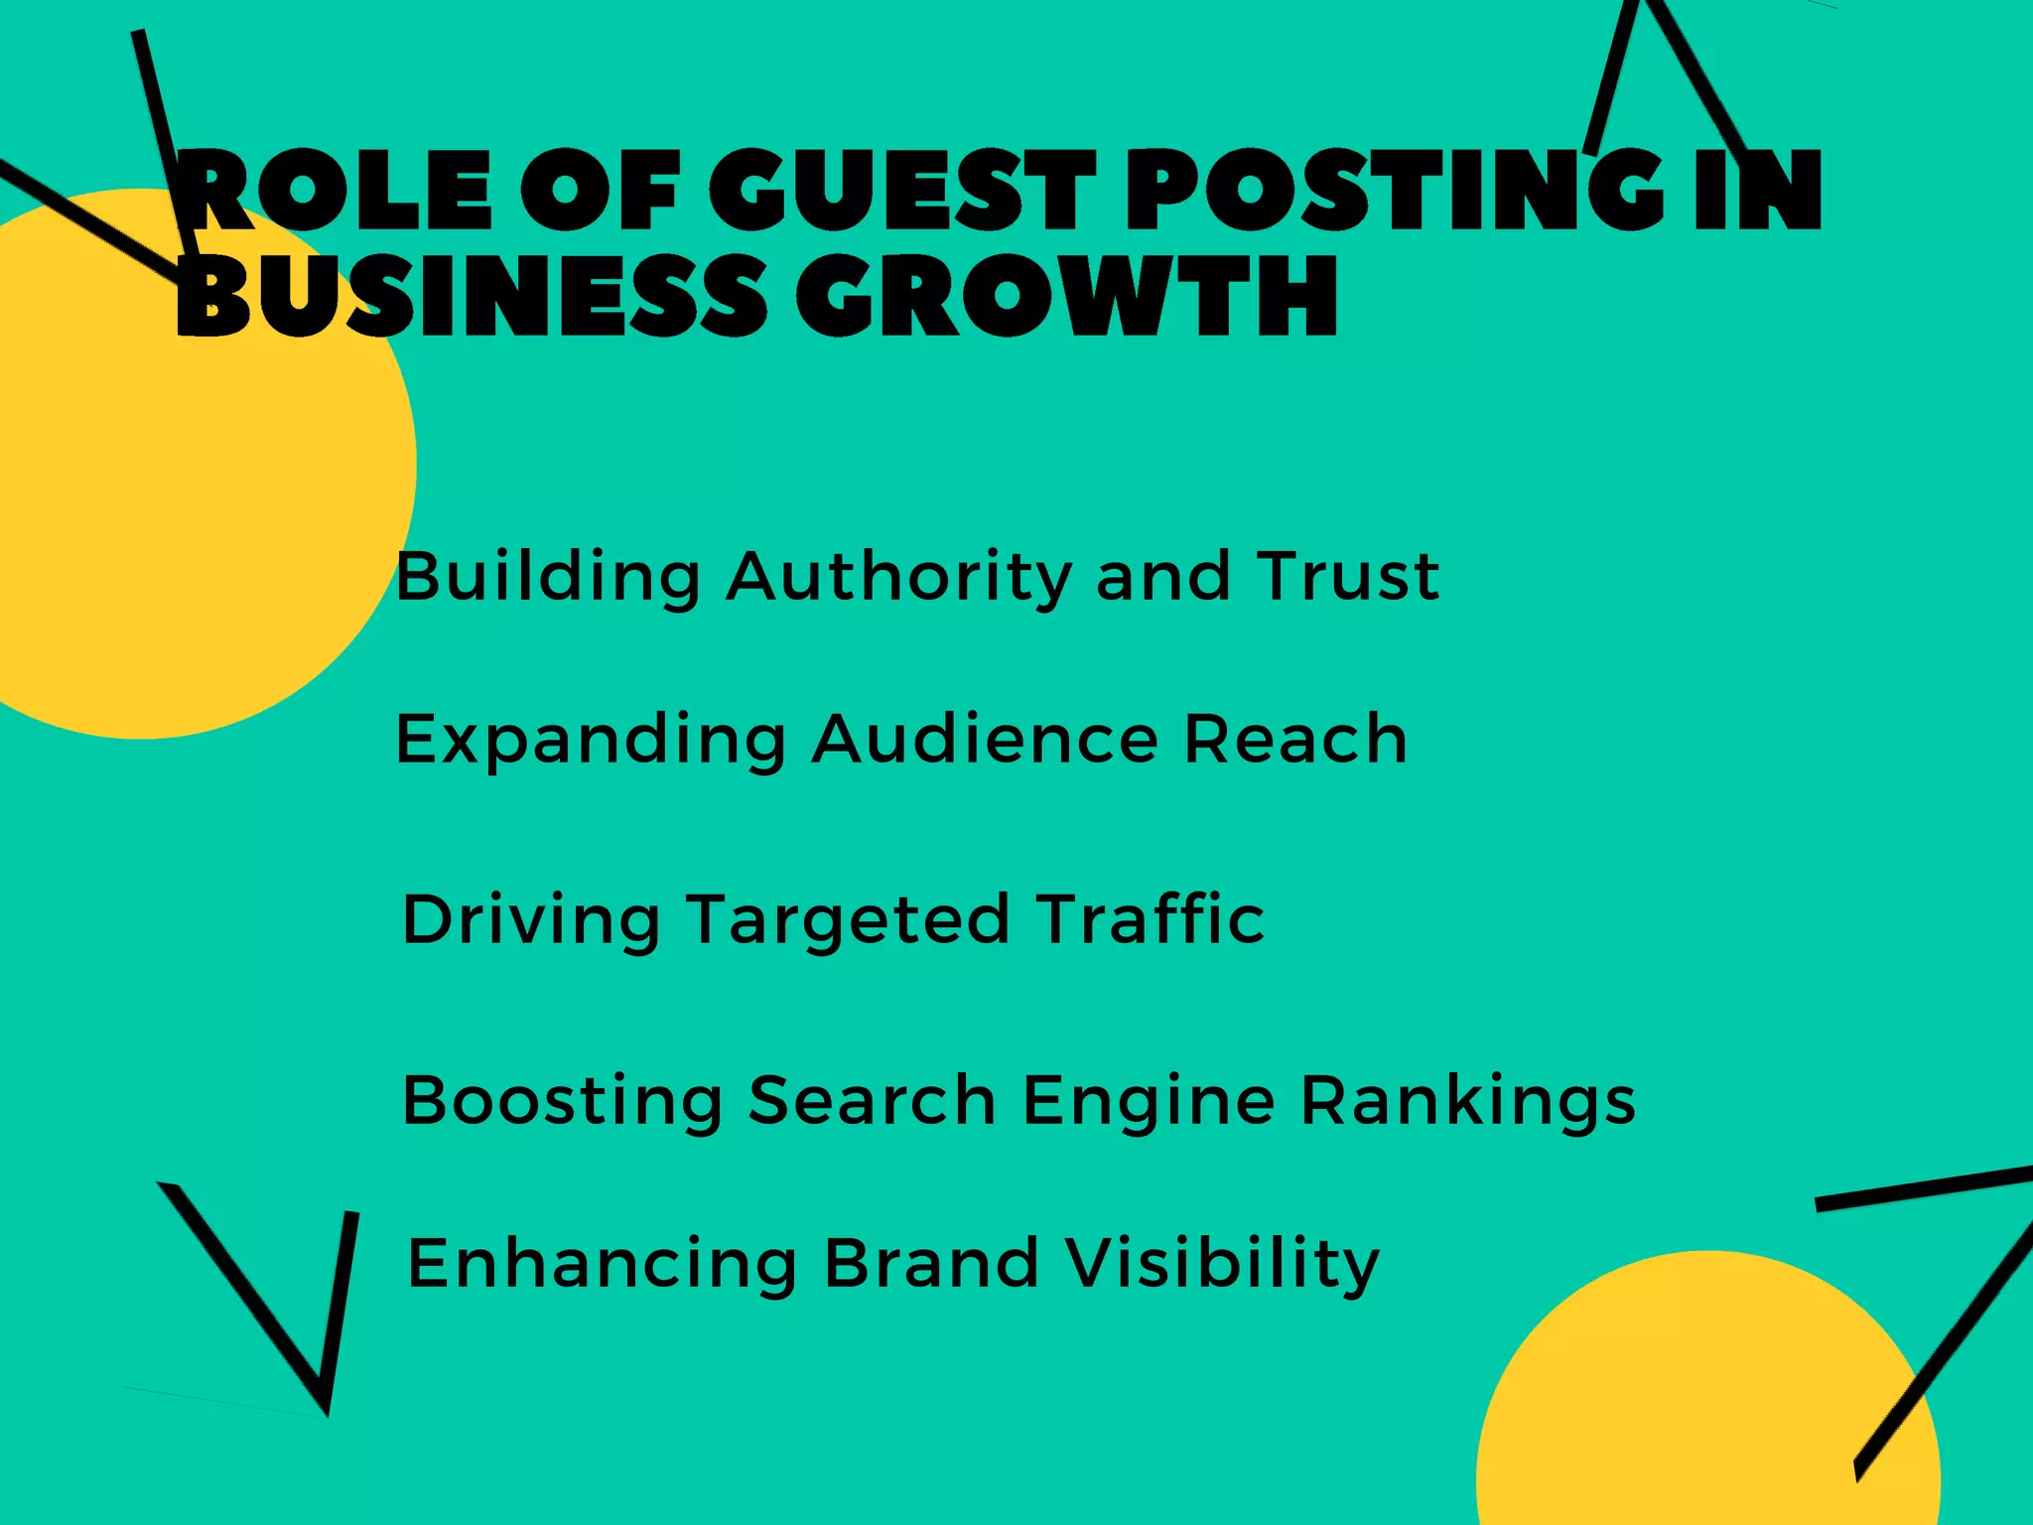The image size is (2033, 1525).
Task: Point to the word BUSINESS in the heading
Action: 471,296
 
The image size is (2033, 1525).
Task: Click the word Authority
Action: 899,578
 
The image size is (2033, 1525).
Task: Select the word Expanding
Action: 592,741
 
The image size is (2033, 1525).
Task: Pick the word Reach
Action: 1295,739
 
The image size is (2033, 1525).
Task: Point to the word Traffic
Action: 1151,918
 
